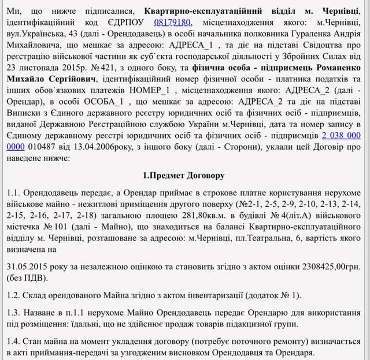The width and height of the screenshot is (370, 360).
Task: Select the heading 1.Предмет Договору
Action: point(184,175)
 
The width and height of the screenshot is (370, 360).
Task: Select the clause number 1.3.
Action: point(13,313)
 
